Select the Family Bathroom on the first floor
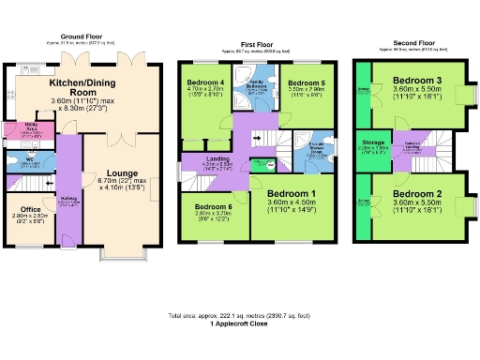pyautogui.click(x=255, y=88)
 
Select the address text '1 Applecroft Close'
pyautogui.click(x=240, y=323)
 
